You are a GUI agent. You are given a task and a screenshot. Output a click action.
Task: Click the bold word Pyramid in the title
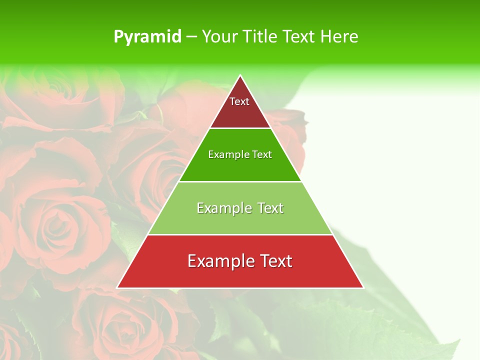pyautogui.click(x=147, y=37)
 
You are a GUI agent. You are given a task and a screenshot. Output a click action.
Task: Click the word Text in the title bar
pyautogui.click(x=299, y=36)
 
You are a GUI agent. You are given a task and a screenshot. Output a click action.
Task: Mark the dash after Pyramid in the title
pyautogui.click(x=191, y=37)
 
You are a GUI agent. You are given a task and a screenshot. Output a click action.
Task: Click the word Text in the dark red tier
pyautogui.click(x=239, y=101)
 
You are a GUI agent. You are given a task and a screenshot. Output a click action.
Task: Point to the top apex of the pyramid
pyautogui.click(x=240, y=76)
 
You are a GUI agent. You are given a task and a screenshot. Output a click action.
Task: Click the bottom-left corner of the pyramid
pyautogui.click(x=117, y=287)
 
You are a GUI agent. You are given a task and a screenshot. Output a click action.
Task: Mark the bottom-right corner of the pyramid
pyautogui.click(x=363, y=287)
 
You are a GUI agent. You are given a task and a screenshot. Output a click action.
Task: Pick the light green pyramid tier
pyautogui.click(x=240, y=222)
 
